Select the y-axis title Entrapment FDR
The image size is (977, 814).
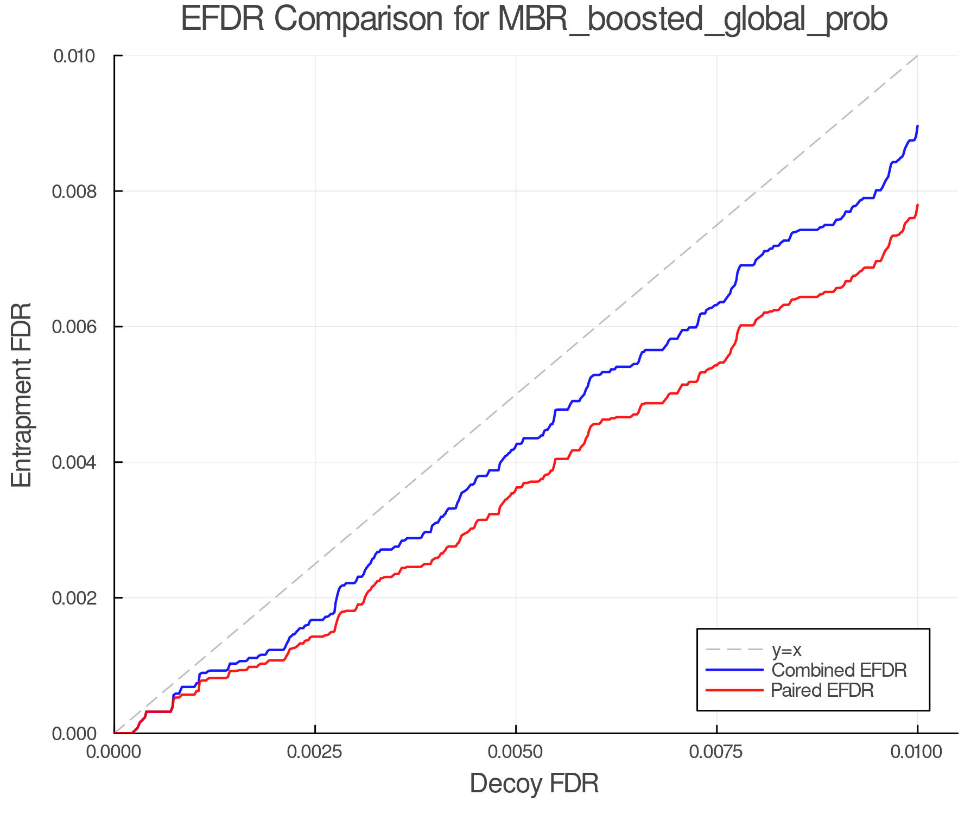pyautogui.click(x=22, y=395)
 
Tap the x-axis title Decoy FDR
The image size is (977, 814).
pyautogui.click(x=534, y=783)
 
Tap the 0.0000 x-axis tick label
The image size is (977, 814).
pyautogui.click(x=113, y=752)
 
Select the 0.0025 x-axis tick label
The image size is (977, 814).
pyautogui.click(x=315, y=752)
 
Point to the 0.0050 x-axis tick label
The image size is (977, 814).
pyautogui.click(x=516, y=752)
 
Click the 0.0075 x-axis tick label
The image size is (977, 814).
pyautogui.click(x=716, y=752)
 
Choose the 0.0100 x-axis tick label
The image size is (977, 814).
pyautogui.click(x=917, y=752)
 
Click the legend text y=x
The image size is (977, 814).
pyautogui.click(x=786, y=650)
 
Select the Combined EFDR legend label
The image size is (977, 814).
pyautogui.click(x=839, y=670)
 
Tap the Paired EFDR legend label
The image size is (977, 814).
pyautogui.click(x=823, y=690)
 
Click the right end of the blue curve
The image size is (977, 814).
pyautogui.click(x=917, y=126)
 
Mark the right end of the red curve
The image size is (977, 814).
pyautogui.click(x=917, y=205)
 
